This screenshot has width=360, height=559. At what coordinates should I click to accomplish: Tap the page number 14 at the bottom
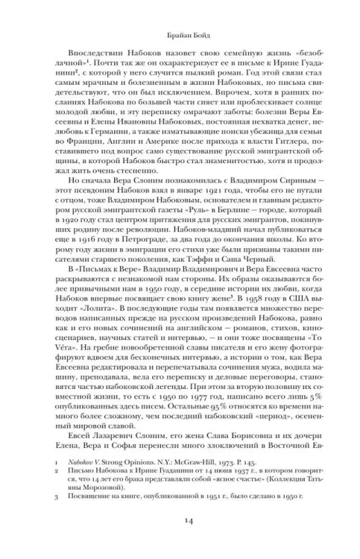click(x=180, y=524)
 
